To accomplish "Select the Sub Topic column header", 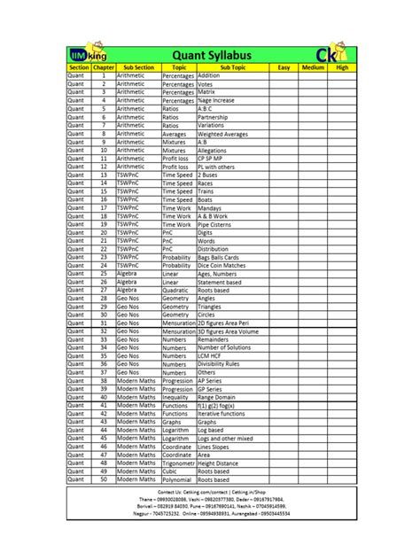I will [232, 67].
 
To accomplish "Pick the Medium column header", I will [313, 67].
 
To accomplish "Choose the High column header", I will [342, 67].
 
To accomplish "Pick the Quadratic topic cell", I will [177, 289].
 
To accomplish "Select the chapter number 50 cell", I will [104, 479].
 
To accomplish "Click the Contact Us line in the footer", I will [210, 491].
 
